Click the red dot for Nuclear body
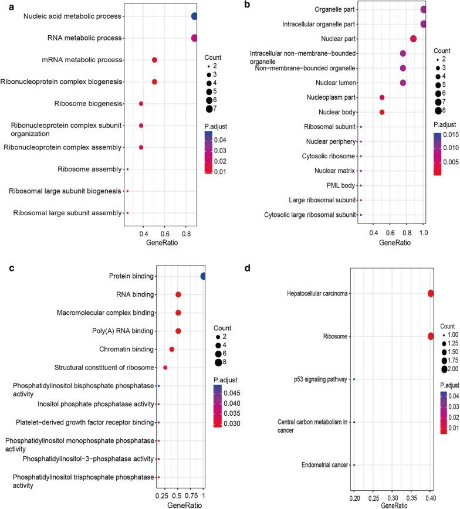click(382, 112)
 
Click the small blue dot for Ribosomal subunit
click(361, 127)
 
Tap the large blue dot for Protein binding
click(203, 276)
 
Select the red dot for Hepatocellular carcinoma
click(431, 294)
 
